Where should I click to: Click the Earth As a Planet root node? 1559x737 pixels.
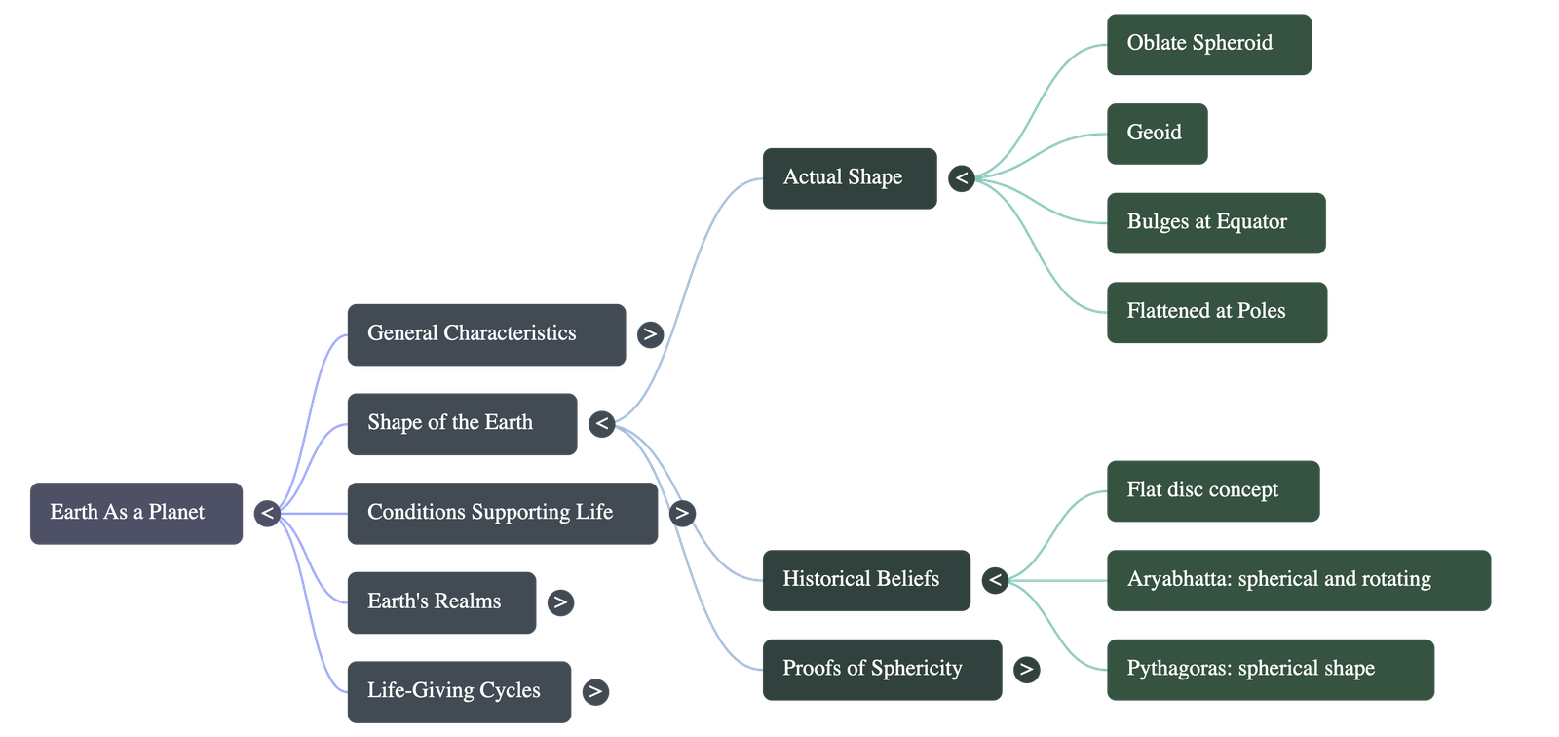(136, 513)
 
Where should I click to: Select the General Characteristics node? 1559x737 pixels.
(485, 334)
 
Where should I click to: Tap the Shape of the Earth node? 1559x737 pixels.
(461, 423)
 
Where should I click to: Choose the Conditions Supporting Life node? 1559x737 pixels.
(502, 513)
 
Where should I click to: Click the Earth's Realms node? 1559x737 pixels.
(440, 602)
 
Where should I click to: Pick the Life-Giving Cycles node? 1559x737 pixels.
(458, 691)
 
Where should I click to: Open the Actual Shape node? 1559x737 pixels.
(849, 178)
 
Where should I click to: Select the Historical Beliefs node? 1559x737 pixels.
(866, 580)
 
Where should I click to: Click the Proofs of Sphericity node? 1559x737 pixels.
(881, 669)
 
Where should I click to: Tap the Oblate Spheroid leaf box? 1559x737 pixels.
(1208, 44)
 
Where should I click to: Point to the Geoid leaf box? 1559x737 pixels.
(1157, 134)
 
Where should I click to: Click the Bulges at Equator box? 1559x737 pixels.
(1215, 223)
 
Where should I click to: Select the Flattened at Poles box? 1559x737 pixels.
(1216, 312)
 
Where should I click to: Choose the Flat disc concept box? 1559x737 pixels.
(1212, 491)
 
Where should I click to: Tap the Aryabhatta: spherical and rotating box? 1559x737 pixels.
(1298, 580)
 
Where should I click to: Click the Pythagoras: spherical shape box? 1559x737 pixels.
(1270, 669)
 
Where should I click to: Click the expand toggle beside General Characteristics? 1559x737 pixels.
(649, 334)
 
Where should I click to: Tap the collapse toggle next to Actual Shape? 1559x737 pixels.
(962, 178)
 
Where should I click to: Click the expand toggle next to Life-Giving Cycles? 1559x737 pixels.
(594, 691)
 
